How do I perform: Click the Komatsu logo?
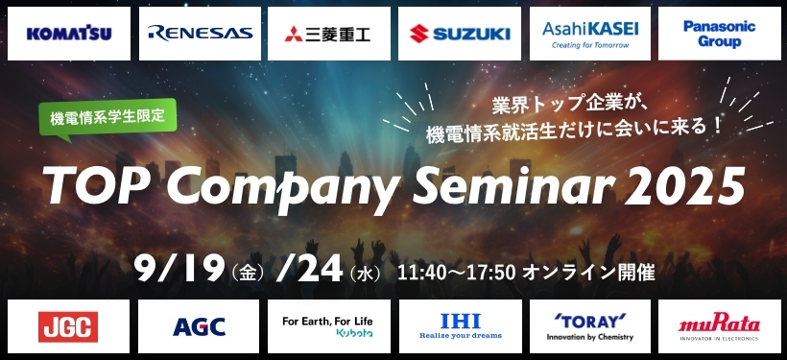69,34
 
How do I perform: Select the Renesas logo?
201,34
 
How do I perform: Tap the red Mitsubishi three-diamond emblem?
294,35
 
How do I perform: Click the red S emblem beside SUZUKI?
419,34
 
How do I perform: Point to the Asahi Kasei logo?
590,34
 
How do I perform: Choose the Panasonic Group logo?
719,34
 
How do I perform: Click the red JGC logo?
68,326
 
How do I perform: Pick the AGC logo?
200,326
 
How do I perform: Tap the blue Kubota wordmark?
355,333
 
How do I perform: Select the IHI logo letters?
461,321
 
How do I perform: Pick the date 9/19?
179,268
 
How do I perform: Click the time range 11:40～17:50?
457,273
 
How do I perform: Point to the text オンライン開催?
588,273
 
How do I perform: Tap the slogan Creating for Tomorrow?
590,45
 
